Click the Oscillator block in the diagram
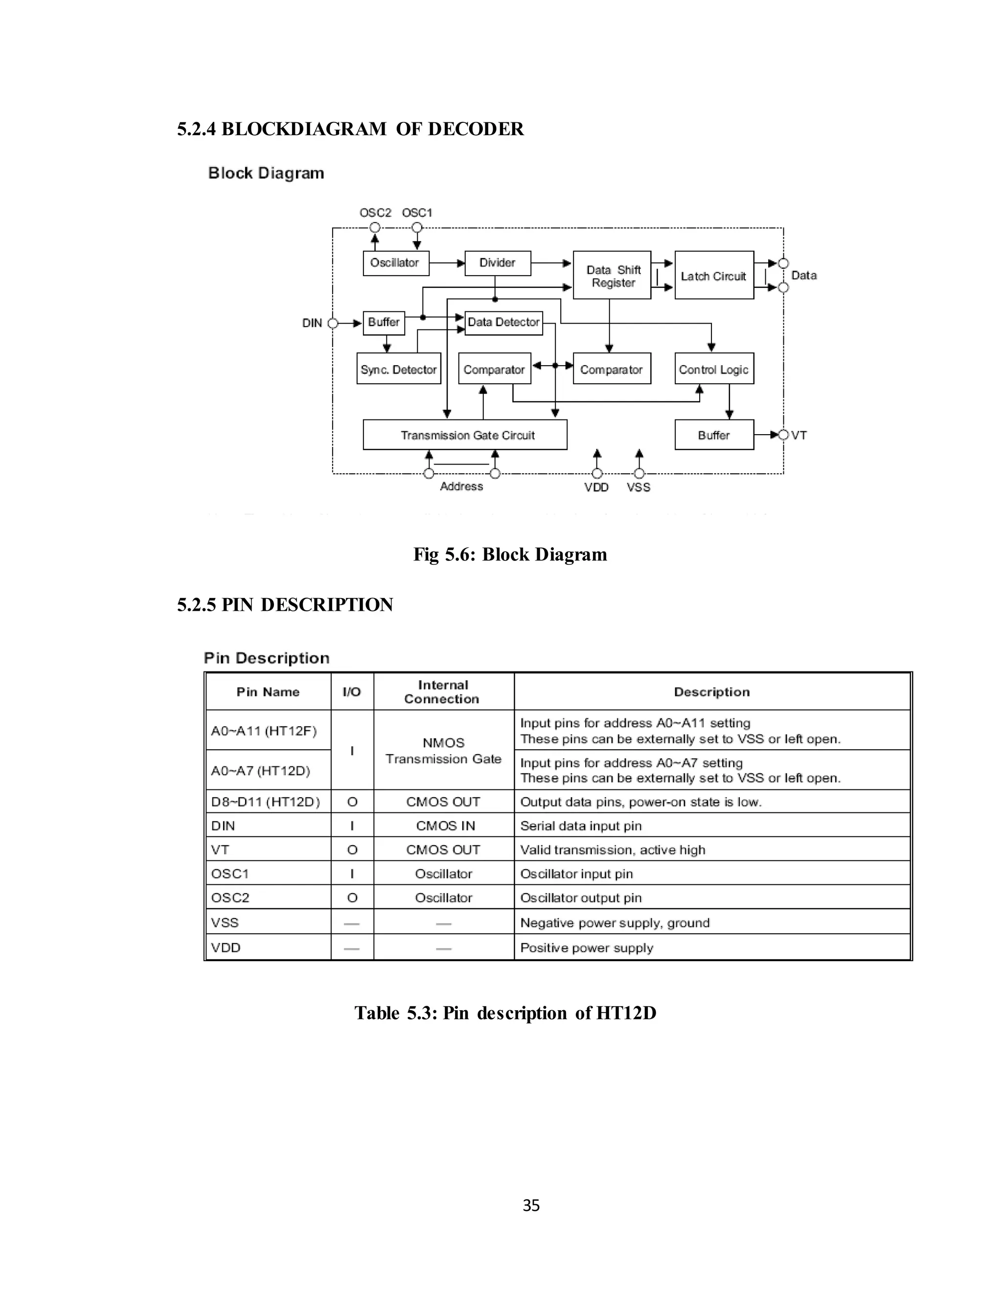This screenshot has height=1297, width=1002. tap(395, 263)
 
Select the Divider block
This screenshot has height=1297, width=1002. tap(497, 263)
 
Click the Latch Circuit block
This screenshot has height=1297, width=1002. tap(713, 276)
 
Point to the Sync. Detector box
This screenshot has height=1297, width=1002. tap(398, 369)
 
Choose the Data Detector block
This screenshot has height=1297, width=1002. tap(503, 323)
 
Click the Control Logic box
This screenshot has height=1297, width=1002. tap(713, 369)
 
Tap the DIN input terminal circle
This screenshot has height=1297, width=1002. tap(333, 324)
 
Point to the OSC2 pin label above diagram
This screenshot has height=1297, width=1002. tap(375, 212)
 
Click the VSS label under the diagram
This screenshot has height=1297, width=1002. tap(638, 487)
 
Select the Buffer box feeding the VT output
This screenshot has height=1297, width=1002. tap(713, 435)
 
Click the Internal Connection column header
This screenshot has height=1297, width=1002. tap(443, 692)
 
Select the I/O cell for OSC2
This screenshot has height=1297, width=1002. tap(352, 898)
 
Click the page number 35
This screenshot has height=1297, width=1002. tap(531, 1205)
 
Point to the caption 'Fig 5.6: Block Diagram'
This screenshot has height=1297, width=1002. tap(510, 554)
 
